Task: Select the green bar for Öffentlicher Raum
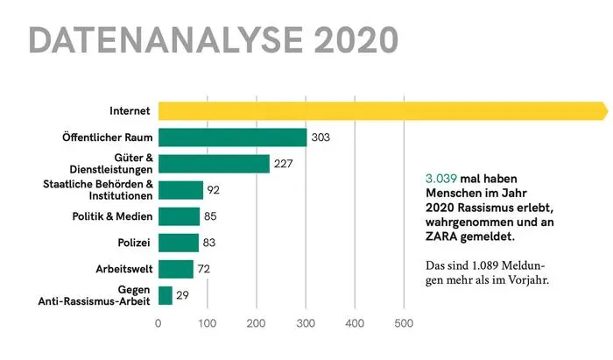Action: (232, 138)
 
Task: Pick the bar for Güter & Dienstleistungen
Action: (214, 164)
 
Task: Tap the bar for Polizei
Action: (179, 243)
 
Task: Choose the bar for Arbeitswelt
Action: (175, 269)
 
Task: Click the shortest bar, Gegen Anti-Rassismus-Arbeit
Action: (166, 295)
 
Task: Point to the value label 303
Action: (321, 138)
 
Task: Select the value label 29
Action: (184, 295)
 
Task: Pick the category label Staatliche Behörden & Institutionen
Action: (98, 190)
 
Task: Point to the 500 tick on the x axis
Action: (404, 324)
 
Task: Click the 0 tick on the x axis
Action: (158, 324)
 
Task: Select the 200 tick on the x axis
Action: (257, 324)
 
